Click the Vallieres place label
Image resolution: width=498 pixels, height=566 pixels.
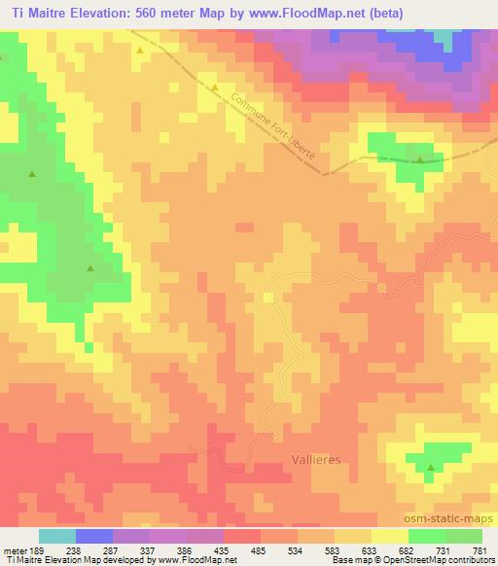click(317, 459)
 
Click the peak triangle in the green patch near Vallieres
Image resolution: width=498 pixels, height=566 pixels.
click(430, 468)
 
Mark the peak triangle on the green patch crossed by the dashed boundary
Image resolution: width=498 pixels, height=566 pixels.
click(420, 159)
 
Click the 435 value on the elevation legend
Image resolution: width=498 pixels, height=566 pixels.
click(224, 549)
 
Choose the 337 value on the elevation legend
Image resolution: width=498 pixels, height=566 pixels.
click(150, 549)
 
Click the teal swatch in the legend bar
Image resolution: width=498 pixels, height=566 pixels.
click(57, 536)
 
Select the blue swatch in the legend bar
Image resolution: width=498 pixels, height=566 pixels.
click(94, 536)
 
